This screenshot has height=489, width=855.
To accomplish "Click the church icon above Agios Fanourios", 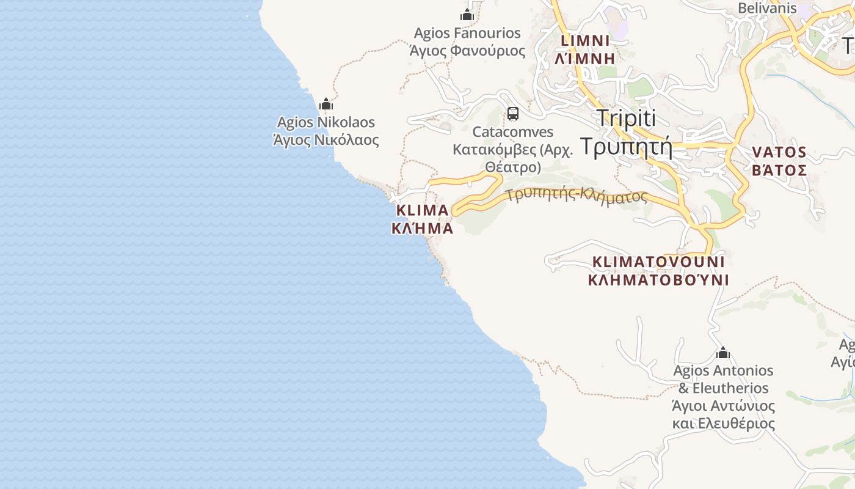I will click(x=467, y=15).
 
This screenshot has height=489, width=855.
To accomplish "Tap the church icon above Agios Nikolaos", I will click(x=326, y=104).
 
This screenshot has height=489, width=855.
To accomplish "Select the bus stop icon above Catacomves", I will click(x=512, y=114).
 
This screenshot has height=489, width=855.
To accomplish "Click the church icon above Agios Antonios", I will click(x=723, y=353).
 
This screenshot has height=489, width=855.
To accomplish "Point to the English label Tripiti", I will click(x=625, y=118).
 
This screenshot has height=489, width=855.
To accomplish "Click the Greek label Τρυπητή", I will click(x=625, y=147).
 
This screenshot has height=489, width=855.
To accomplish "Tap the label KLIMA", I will click(x=422, y=210).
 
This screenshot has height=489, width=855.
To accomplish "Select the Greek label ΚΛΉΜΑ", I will click(x=422, y=229).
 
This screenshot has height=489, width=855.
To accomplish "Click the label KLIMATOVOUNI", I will click(x=658, y=262).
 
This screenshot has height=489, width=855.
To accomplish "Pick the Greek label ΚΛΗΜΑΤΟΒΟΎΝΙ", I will click(x=658, y=280).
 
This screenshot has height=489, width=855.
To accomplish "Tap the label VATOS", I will click(x=779, y=152).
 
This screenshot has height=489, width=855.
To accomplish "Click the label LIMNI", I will click(x=585, y=41).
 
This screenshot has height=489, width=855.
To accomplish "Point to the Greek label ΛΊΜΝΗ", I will click(x=585, y=59).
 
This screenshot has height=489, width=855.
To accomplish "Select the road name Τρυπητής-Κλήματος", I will click(x=577, y=196).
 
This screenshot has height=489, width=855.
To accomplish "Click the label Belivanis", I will click(x=767, y=9).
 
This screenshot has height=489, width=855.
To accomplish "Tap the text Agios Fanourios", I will click(x=467, y=33).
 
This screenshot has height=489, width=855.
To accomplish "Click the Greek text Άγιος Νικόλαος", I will click(x=326, y=140).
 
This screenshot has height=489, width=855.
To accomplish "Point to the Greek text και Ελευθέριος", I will click(x=723, y=423).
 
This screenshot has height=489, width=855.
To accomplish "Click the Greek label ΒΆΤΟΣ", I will click(x=779, y=170).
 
